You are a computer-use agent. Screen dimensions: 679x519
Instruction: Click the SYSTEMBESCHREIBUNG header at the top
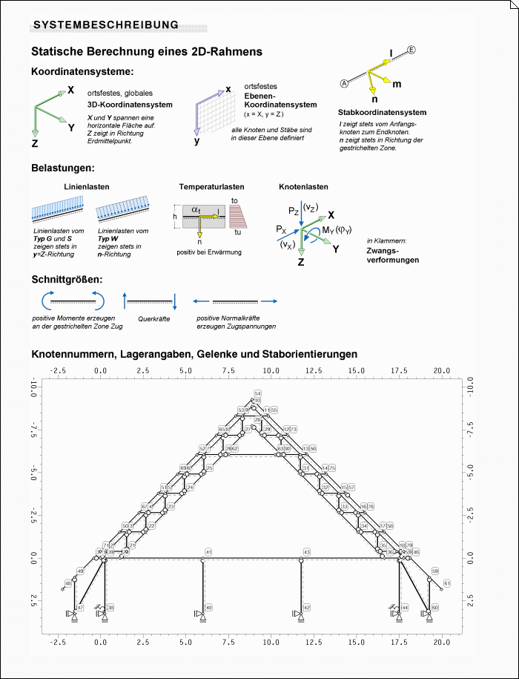(106, 24)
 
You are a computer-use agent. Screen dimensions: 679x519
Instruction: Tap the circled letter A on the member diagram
(344, 82)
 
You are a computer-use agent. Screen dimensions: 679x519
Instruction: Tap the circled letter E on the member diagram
(412, 50)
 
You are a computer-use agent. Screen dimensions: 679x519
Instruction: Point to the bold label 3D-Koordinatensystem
(130, 105)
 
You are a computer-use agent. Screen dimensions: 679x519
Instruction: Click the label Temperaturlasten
(211, 187)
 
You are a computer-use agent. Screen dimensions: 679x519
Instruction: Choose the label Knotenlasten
(303, 187)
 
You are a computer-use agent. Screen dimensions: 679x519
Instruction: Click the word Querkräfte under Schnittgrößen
(150, 318)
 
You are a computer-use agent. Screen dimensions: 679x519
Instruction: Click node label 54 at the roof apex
(257, 393)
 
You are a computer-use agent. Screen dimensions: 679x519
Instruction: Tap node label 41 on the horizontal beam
(209, 552)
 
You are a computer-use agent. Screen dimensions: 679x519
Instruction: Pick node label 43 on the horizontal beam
(307, 552)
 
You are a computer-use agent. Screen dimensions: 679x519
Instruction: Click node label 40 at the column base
(208, 608)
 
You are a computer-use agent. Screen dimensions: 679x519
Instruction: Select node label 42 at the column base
(306, 608)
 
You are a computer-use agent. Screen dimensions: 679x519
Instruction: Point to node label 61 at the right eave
(446, 583)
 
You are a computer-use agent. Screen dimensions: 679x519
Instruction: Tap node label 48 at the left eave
(68, 584)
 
